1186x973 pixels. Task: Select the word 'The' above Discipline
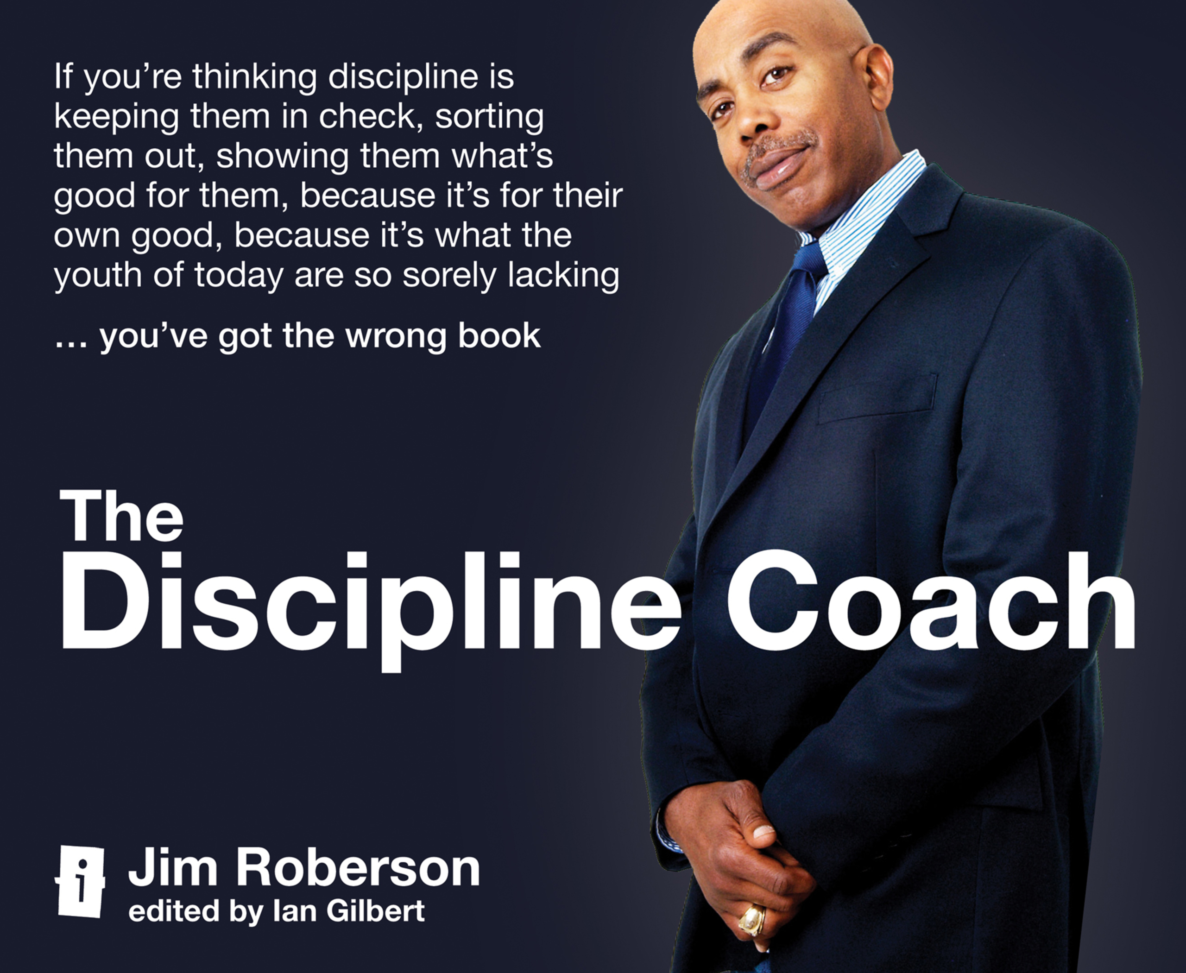(122, 516)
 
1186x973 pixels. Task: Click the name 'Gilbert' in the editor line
(376, 911)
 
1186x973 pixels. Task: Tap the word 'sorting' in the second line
(489, 117)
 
